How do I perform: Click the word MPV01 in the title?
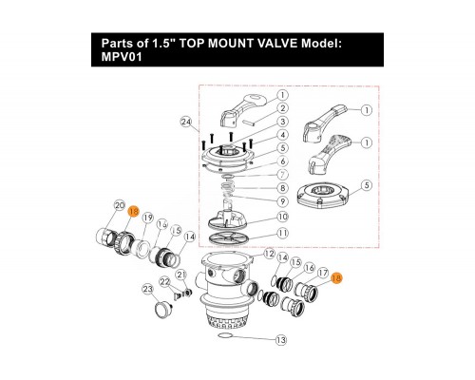(122, 57)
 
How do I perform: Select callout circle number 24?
(186, 122)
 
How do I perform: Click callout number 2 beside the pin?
(282, 108)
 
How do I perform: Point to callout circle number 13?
(281, 340)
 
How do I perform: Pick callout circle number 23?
(147, 289)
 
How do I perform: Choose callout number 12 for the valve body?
(270, 254)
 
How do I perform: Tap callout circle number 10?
(282, 217)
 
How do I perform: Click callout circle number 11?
(282, 234)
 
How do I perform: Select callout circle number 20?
(120, 206)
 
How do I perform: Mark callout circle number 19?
(147, 218)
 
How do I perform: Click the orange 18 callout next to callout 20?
(134, 211)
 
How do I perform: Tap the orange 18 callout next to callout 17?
(336, 278)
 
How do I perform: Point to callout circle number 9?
(282, 201)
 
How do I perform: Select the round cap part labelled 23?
(163, 308)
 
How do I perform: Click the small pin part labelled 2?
(253, 122)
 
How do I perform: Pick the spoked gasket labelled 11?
(225, 238)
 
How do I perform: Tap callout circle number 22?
(165, 281)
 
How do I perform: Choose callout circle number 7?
(282, 175)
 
